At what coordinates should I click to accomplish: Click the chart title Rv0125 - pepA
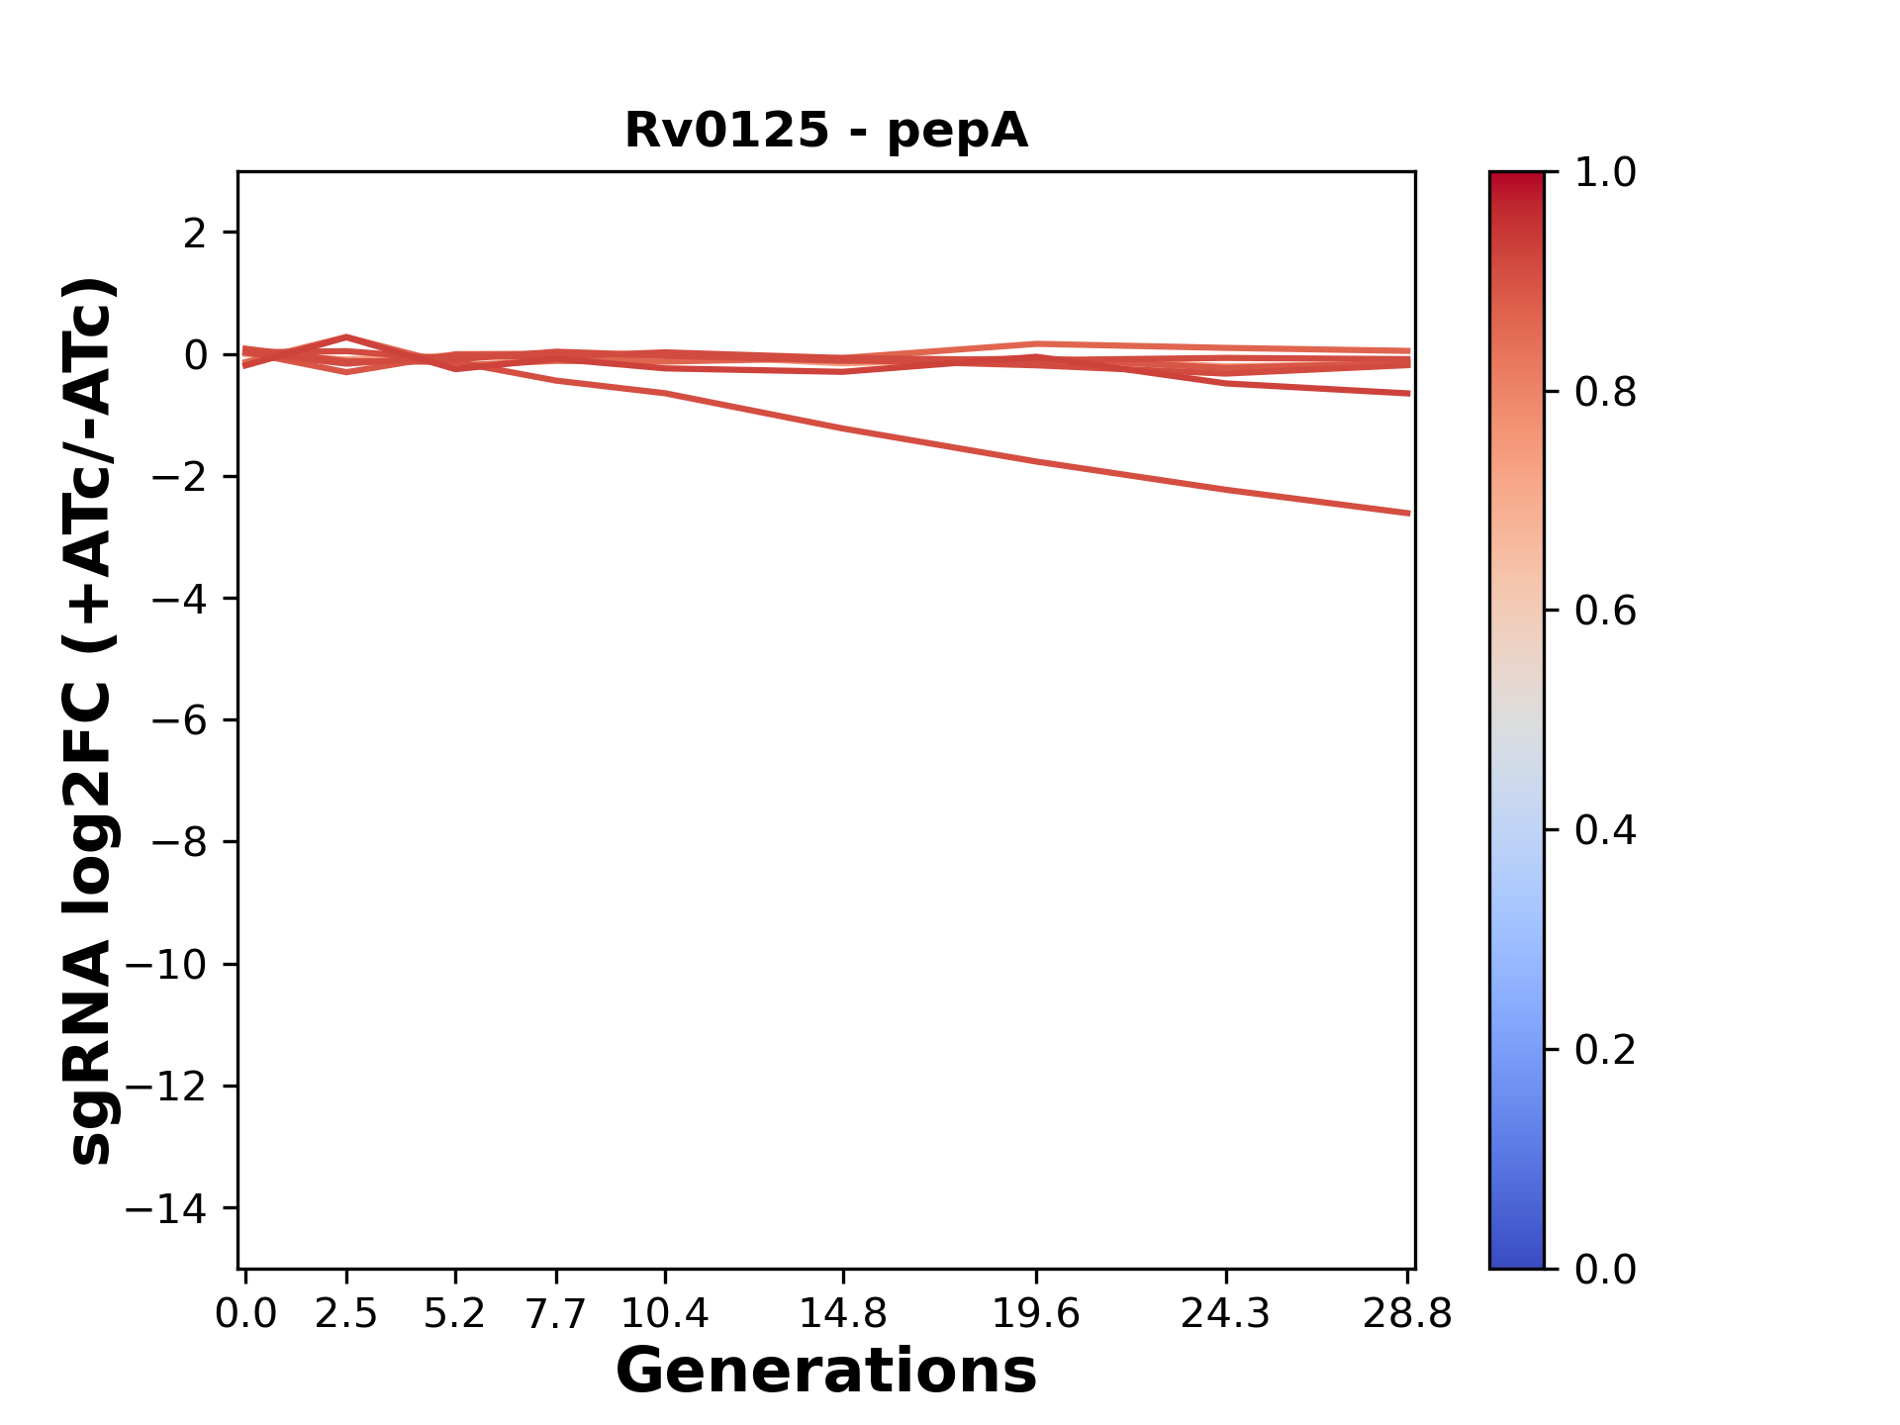point(826,131)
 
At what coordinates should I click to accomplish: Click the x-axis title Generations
point(826,1372)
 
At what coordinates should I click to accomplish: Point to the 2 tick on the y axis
point(195,234)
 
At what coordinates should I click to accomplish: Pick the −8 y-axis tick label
point(179,843)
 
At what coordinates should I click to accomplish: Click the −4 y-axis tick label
point(179,600)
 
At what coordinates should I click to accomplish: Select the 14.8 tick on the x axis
point(842,1314)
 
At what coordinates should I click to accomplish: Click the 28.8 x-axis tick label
point(1407,1314)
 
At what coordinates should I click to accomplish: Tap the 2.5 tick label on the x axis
point(346,1314)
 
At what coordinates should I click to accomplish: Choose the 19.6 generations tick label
point(1035,1314)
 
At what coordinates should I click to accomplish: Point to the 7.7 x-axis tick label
point(556,1314)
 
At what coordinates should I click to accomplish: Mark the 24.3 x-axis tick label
point(1226,1314)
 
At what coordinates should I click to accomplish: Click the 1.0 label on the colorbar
point(1605,173)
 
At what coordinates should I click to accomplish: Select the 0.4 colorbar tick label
point(1605,830)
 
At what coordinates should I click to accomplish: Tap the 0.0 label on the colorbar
point(1605,1270)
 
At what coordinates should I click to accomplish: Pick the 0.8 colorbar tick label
point(1605,393)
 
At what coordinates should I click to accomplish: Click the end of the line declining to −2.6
point(1407,514)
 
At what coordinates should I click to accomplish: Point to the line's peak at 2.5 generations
point(346,337)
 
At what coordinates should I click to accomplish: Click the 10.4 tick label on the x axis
point(664,1314)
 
